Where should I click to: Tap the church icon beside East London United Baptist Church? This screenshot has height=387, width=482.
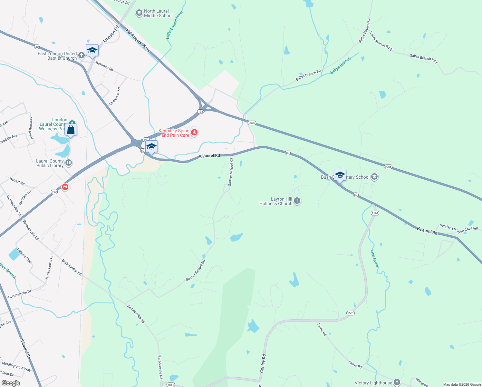coord(82,55)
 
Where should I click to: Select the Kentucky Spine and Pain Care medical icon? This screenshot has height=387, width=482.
coord(194,132)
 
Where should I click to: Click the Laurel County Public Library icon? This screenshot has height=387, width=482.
coord(68,163)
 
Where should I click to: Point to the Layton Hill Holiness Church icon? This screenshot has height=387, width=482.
coord(297,201)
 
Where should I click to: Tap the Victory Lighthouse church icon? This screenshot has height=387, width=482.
coord(397,382)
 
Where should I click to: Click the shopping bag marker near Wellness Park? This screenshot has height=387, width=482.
coord(71,130)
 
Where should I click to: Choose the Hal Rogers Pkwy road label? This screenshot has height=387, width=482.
coord(138,40)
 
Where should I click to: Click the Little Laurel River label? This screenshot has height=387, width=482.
coord(174,25)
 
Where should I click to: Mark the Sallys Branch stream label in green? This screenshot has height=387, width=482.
coord(340,66)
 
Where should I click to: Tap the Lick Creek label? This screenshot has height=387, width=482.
coord(375,259)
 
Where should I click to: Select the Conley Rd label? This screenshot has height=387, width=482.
coord(263,364)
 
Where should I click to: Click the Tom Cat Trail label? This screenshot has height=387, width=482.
coord(467,230)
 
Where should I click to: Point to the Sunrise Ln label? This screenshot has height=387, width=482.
coord(448,227)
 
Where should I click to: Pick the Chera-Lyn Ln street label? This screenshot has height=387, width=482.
coord(115,96)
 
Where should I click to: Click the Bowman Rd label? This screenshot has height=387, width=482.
coord(104,67)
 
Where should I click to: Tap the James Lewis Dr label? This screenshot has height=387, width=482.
coord(49,268)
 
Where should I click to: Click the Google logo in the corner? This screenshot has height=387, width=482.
coord(11,383)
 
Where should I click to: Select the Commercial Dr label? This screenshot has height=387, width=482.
coord(19,294)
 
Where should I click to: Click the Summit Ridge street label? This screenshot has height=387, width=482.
coord(31,128)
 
